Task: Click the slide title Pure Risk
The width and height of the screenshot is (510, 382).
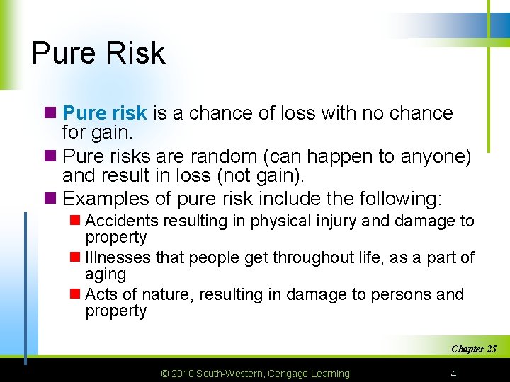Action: pos(98,53)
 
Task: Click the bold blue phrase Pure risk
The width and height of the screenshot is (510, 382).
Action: pos(105,113)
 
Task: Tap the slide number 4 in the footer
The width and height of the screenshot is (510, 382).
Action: pos(453,373)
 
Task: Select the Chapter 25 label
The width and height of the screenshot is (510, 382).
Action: pos(473,349)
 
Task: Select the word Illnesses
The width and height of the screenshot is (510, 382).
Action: pos(115,258)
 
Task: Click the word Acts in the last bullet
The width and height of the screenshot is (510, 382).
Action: pos(100,294)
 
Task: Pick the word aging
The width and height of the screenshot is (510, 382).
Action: pos(105,274)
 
